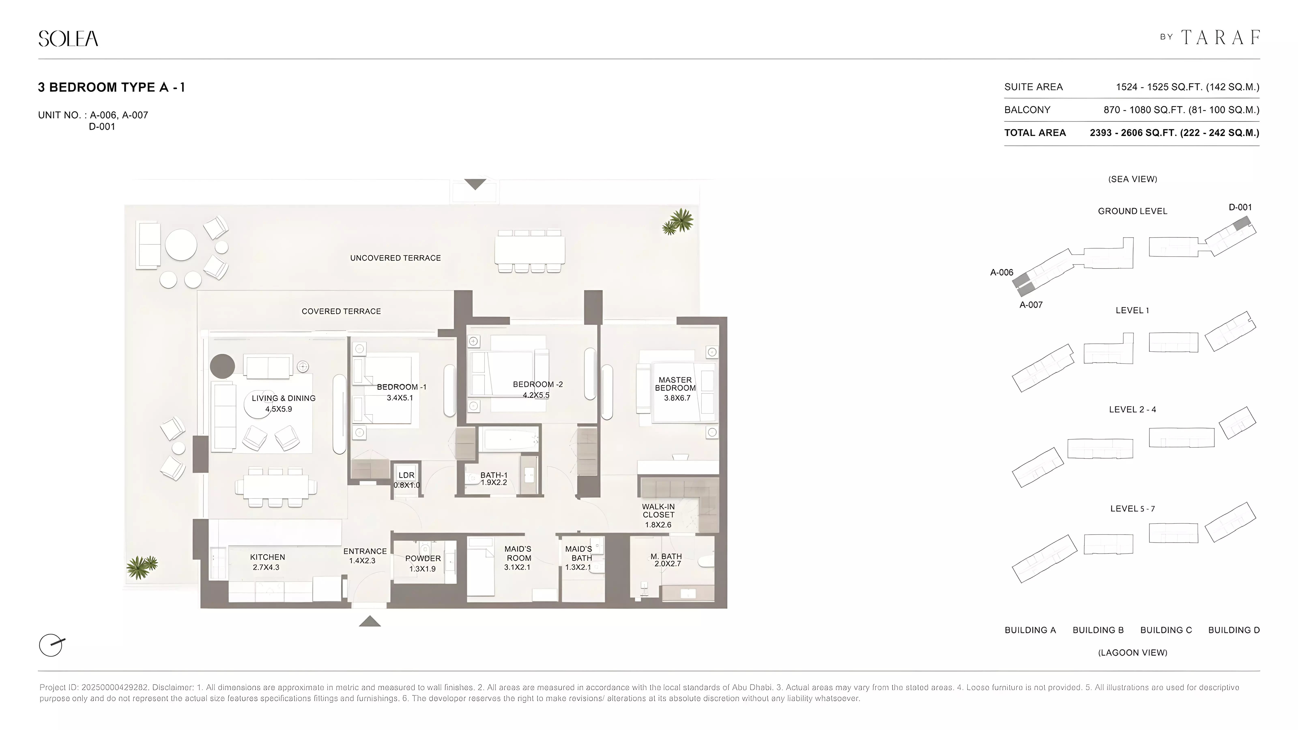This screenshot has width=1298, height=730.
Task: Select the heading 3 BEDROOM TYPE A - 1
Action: click(111, 87)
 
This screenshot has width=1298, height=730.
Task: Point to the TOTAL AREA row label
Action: click(1035, 132)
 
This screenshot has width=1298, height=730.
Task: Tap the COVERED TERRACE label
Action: click(341, 311)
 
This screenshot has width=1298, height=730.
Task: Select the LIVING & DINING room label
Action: click(283, 398)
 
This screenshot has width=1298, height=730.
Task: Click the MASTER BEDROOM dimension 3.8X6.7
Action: click(677, 398)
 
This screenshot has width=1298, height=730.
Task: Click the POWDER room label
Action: click(423, 558)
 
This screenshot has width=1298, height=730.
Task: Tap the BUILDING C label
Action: click(1166, 630)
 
